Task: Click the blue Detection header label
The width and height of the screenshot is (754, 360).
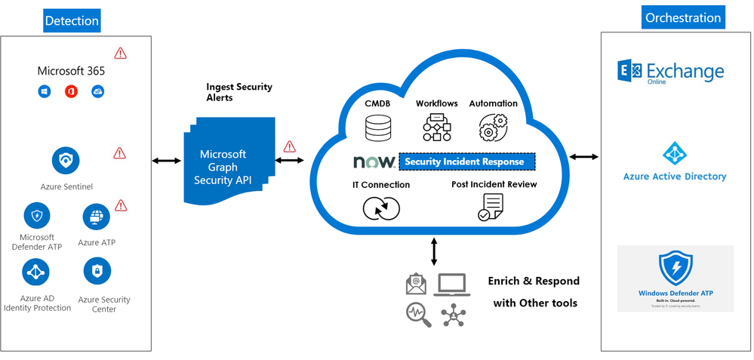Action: [72, 21]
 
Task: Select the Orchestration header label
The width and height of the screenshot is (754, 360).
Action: [683, 17]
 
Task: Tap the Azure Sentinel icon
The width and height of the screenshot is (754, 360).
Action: [66, 160]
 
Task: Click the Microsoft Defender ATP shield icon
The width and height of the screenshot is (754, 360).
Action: [37, 216]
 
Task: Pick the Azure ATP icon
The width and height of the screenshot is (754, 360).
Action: [96, 217]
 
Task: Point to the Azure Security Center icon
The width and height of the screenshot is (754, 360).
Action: [97, 271]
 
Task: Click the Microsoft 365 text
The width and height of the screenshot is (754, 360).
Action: [71, 71]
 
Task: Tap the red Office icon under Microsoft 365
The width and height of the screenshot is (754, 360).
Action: [72, 92]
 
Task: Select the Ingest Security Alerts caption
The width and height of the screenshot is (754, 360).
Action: [239, 92]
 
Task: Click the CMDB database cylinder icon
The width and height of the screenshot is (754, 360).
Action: [378, 128]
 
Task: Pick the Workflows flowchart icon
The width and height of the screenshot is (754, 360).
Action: [436, 128]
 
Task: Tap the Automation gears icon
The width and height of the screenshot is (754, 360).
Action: [493, 128]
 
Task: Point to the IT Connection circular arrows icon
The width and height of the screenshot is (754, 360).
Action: [381, 208]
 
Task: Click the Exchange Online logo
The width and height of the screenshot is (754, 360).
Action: [670, 72]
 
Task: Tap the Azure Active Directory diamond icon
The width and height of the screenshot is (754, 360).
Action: [675, 153]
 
